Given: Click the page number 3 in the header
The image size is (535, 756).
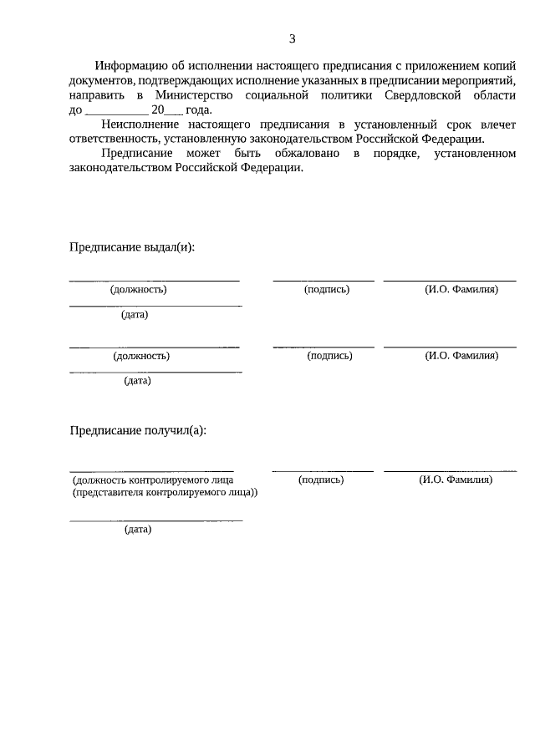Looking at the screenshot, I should tap(292, 38).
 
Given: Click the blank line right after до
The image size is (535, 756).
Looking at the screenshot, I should tap(115, 110).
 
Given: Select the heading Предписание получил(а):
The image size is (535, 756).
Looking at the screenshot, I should tap(137, 430).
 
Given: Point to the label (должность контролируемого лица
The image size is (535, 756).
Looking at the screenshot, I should tap(152, 480).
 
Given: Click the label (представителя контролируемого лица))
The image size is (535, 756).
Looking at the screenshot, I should tap(164, 493).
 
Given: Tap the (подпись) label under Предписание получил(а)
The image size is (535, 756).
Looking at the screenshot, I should tap(322, 480).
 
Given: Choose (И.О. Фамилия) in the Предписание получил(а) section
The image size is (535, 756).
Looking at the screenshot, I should tap(456, 480).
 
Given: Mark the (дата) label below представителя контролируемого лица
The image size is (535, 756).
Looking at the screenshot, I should tap(138, 530).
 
